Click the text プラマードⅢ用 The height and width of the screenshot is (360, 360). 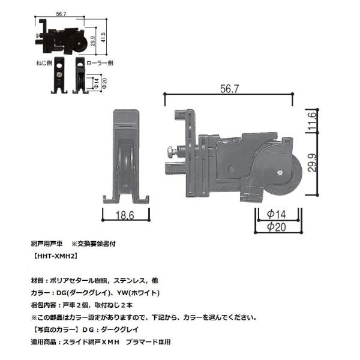[x=149, y=343]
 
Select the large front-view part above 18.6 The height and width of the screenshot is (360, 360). [x=126, y=154]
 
